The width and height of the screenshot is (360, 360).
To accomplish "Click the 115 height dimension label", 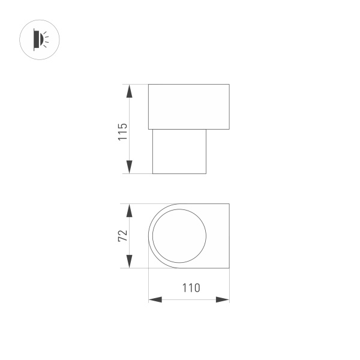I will [122, 131].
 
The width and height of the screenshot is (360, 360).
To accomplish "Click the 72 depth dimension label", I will [122, 236].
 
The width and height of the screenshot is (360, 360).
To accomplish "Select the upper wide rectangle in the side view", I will [188, 107].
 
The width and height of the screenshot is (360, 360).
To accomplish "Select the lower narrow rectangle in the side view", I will [179, 151].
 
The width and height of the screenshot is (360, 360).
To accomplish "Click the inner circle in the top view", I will [179, 236].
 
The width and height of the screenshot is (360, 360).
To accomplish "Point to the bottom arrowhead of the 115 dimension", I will [129, 167].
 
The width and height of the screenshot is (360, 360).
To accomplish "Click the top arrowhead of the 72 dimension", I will [129, 210].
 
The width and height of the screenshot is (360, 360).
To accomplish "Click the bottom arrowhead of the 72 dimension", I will [129, 262].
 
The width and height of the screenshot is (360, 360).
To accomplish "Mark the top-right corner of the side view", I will [229, 85].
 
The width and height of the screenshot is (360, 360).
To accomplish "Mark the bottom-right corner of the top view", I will [229, 268].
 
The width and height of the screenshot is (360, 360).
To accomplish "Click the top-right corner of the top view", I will [229, 204].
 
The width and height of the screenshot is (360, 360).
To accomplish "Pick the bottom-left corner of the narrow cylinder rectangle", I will [152, 173].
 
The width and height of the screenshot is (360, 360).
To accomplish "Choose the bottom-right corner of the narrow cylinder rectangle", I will [206, 173].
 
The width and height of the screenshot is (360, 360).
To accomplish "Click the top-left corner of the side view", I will [148, 85].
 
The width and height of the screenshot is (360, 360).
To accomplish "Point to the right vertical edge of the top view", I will [229, 236].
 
